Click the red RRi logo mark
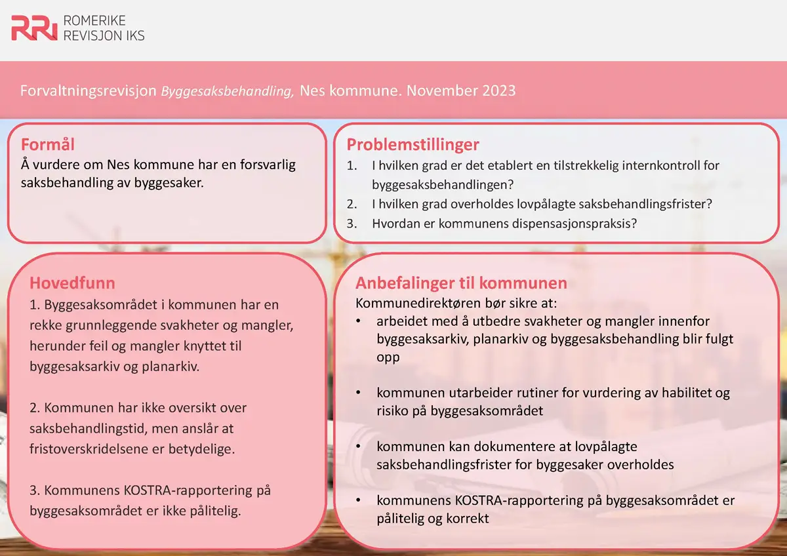pos(34,28)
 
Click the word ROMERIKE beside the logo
pos(94,21)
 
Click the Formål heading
pos(47,144)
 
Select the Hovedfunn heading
pos(72,283)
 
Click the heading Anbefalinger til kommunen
pos(461,283)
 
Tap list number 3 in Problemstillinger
pos(352,223)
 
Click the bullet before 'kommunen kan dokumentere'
pos(359,447)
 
